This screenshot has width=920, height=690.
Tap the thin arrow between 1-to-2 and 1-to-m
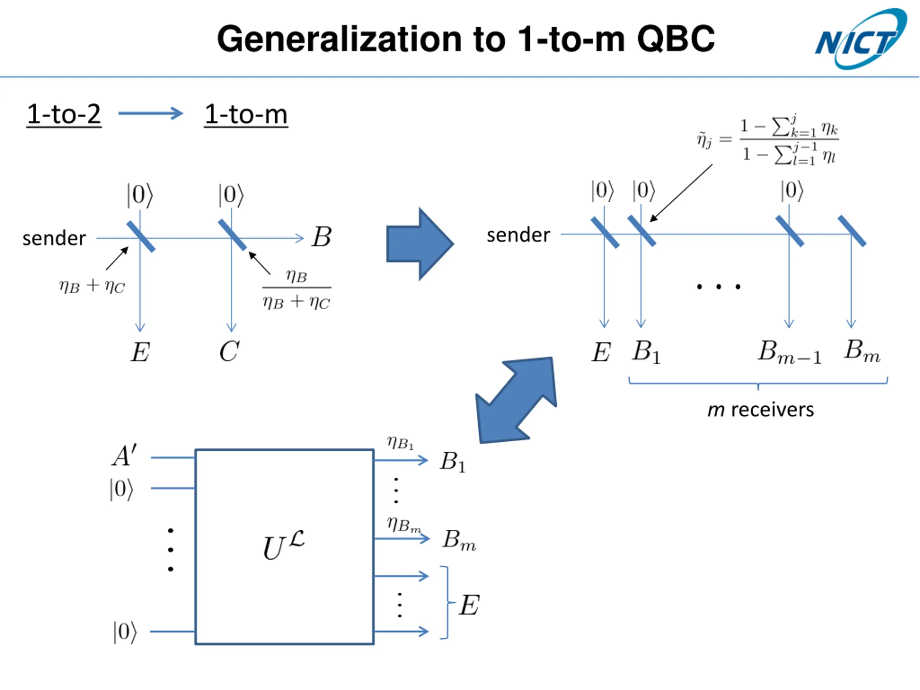(151, 113)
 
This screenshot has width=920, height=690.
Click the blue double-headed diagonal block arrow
(516, 400)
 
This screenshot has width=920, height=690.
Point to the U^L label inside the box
(284, 545)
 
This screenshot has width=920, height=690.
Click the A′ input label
(124, 455)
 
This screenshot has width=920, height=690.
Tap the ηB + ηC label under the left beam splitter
(92, 286)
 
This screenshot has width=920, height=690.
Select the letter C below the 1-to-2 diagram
(229, 351)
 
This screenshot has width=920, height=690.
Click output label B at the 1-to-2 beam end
(322, 237)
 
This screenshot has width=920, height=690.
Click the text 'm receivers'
(761, 410)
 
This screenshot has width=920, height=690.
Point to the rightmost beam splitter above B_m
(852, 231)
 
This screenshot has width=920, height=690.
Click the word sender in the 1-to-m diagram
(518, 235)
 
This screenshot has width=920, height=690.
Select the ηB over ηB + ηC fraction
(296, 289)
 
